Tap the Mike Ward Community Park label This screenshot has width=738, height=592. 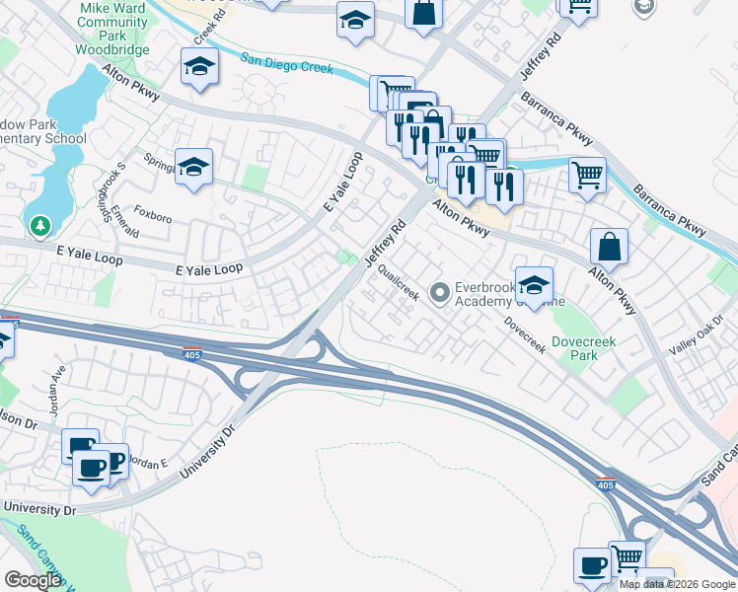(x=111, y=28)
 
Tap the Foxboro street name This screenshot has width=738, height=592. (x=153, y=211)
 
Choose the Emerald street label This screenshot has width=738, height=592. (x=124, y=220)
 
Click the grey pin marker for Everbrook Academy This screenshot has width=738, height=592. (x=439, y=292)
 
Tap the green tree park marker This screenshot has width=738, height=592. (x=40, y=226)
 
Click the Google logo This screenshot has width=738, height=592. (x=33, y=580)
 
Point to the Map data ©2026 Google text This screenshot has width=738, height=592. (x=676, y=584)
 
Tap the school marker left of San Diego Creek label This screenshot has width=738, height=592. (x=199, y=67)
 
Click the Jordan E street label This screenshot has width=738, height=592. (x=150, y=462)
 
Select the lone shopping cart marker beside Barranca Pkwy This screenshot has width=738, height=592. (x=587, y=176)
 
